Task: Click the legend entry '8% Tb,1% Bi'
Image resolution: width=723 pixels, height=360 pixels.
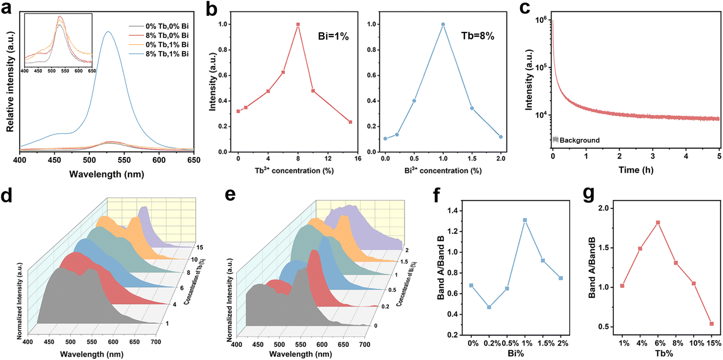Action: [x=167, y=54]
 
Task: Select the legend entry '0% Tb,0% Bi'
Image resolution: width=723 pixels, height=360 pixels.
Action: [x=167, y=26]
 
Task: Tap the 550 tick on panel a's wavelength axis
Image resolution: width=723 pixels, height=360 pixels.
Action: [x=124, y=160]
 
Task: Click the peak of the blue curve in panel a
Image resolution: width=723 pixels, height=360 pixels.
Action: [x=108, y=32]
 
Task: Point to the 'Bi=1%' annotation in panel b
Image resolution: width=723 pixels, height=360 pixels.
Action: [x=333, y=37]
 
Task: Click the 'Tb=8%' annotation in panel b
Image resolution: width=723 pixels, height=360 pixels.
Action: [x=478, y=36]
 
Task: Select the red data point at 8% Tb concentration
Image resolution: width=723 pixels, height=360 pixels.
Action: [x=298, y=25]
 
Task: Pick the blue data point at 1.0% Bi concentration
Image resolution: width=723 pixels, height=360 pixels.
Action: [x=443, y=25]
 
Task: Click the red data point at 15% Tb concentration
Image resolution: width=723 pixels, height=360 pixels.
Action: [x=350, y=122]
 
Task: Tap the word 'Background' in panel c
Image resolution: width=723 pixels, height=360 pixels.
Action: [x=579, y=140]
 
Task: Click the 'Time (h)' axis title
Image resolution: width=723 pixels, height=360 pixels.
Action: [x=635, y=170]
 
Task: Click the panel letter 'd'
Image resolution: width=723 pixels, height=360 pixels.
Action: [x=7, y=195]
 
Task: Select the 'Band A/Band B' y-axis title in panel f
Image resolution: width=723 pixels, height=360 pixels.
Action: [x=441, y=268]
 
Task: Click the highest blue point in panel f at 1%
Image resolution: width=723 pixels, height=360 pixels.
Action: [x=525, y=220]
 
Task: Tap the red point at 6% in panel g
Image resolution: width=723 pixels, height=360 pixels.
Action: [x=658, y=223]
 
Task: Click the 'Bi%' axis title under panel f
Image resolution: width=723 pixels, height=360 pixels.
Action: [x=515, y=353]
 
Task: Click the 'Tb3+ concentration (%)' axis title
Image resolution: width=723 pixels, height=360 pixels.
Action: [x=294, y=170]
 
